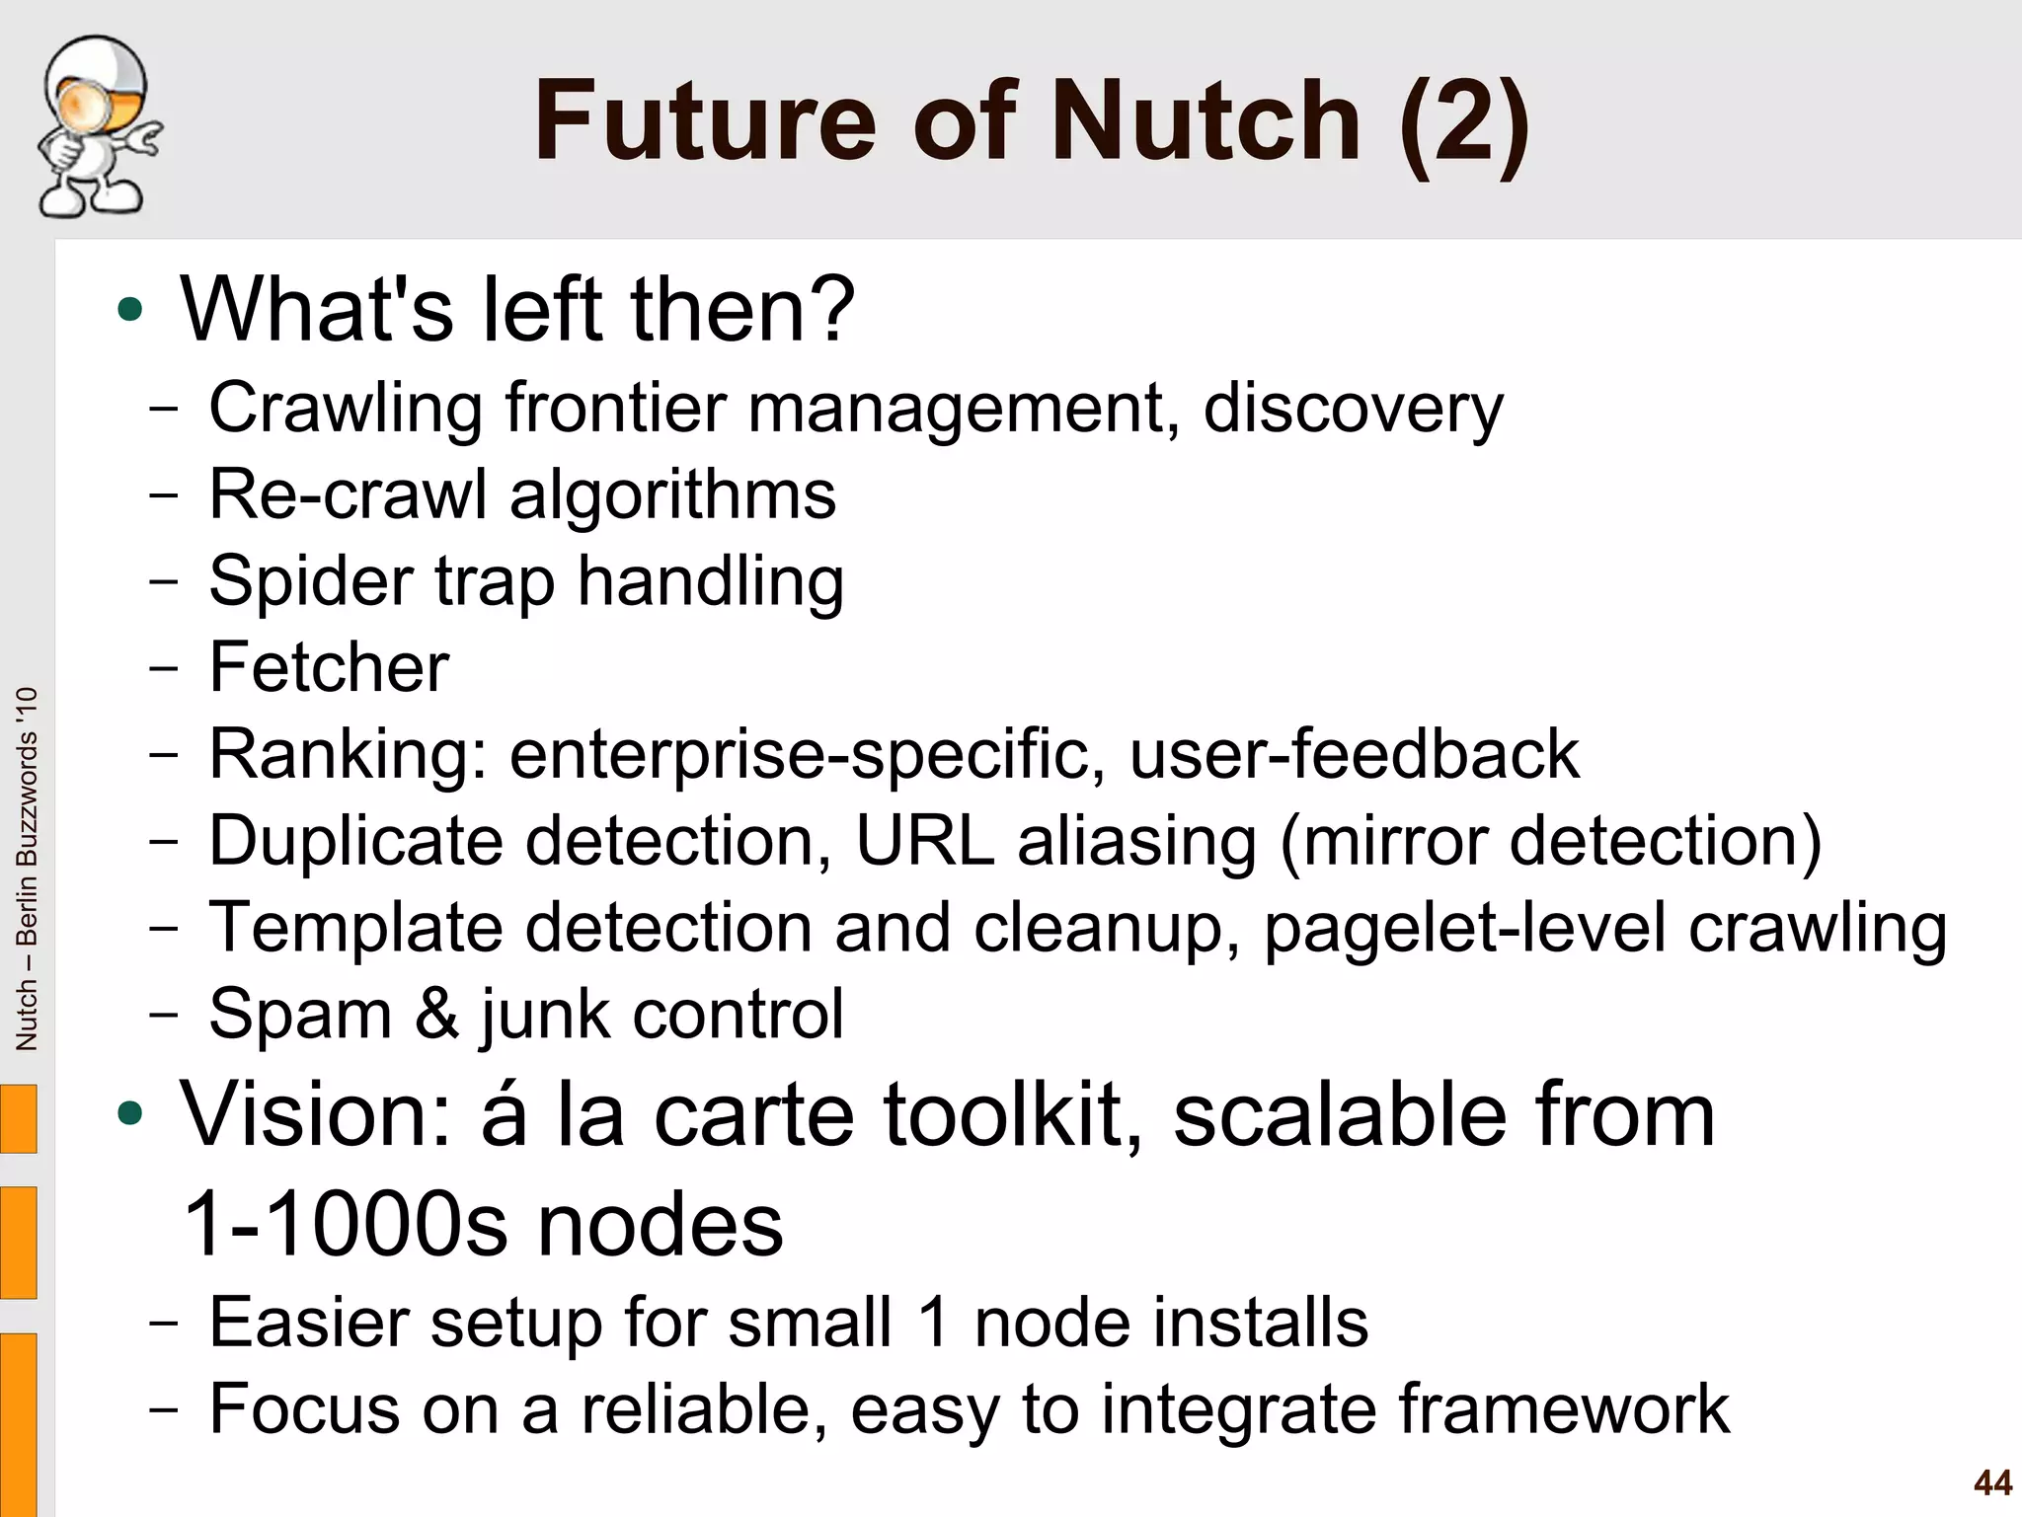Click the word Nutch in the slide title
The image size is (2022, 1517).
pos(1205,121)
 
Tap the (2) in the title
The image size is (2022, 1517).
pos(1464,123)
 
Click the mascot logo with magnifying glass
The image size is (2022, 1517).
pos(97,126)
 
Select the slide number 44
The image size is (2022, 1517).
pos(1992,1482)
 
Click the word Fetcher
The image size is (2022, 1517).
pos(329,667)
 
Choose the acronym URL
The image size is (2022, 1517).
pos(924,841)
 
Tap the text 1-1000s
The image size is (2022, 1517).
pos(346,1225)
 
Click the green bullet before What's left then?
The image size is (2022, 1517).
pos(129,310)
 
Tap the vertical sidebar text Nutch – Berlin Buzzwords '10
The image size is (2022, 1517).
pos(27,869)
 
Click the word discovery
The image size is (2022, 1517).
pos(1353,408)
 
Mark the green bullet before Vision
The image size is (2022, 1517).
pos(129,1115)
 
